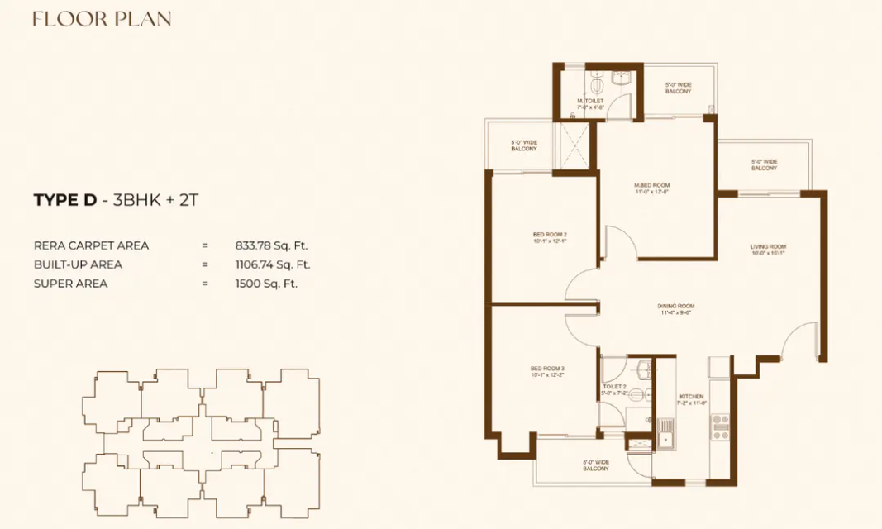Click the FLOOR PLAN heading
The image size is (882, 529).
pyautogui.click(x=102, y=18)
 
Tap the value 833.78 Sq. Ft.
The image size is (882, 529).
pyautogui.click(x=273, y=245)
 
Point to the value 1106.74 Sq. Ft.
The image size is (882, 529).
pyautogui.click(x=273, y=264)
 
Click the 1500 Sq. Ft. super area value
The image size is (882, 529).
pyautogui.click(x=266, y=284)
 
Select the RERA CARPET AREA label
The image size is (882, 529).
pyautogui.click(x=91, y=245)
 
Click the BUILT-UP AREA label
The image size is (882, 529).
pyautogui.click(x=78, y=264)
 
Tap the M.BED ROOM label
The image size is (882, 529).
pyautogui.click(x=651, y=185)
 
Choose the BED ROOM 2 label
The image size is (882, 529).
pyautogui.click(x=549, y=235)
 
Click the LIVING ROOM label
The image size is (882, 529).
pyautogui.click(x=768, y=246)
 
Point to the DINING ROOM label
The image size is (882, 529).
pyautogui.click(x=675, y=306)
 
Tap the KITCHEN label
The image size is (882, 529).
pyautogui.click(x=690, y=396)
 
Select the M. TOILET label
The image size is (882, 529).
pyautogui.click(x=591, y=101)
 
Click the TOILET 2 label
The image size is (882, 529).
pyautogui.click(x=613, y=386)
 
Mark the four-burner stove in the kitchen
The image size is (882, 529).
pyautogui.click(x=720, y=427)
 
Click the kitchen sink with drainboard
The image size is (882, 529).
pyautogui.click(x=665, y=431)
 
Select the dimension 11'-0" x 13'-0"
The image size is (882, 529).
pyautogui.click(x=651, y=192)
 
